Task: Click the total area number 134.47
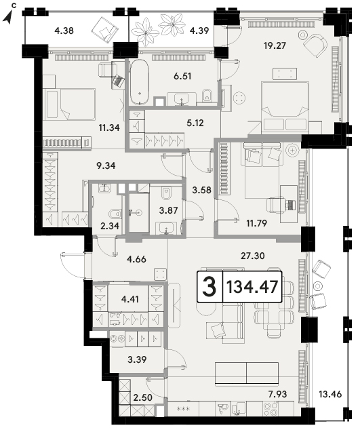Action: click(x=252, y=287)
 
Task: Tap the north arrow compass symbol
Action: click(x=9, y=17)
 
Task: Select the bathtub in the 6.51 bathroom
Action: click(x=140, y=83)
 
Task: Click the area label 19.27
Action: click(x=275, y=45)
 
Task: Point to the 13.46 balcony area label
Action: click(x=330, y=394)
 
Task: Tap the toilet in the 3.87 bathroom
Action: click(x=166, y=193)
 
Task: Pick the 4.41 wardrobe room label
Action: click(x=130, y=299)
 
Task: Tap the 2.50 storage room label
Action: click(x=142, y=397)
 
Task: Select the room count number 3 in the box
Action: click(x=209, y=287)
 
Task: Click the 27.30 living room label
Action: click(x=253, y=256)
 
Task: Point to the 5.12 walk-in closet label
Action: click(x=195, y=123)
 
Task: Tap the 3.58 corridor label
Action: click(x=201, y=190)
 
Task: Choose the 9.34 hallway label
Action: click(x=106, y=165)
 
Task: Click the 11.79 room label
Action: click(x=256, y=223)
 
